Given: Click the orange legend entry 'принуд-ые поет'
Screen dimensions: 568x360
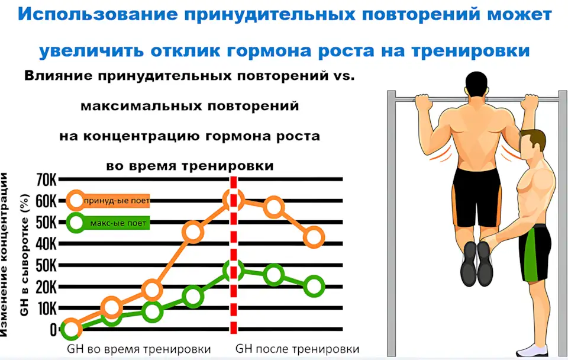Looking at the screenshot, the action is [x=109, y=201].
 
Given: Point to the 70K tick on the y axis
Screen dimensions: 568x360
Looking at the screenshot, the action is [x=46, y=179].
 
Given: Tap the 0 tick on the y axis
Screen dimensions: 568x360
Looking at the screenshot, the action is [x=54, y=330].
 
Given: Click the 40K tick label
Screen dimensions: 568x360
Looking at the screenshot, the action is [x=46, y=244].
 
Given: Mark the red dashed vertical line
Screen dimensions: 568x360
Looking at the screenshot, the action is [x=234, y=255].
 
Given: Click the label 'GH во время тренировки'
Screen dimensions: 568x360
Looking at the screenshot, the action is [x=138, y=349].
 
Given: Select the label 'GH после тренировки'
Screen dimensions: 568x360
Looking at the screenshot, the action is [x=298, y=349].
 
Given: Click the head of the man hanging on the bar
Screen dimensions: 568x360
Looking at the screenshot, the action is [x=477, y=84].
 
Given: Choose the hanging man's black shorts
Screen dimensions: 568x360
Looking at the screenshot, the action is [x=477, y=196].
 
